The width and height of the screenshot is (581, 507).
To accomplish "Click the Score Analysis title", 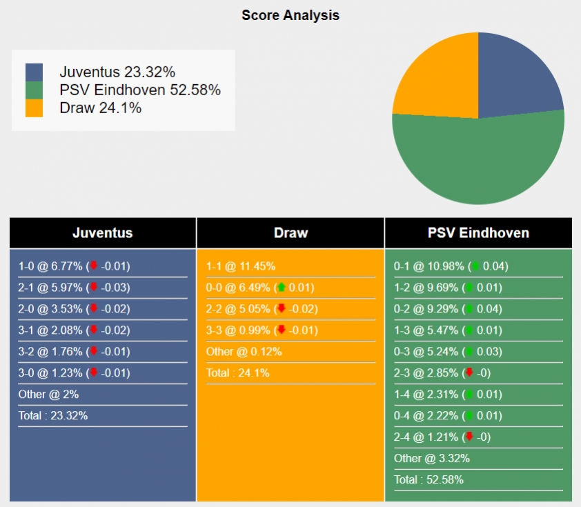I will click(290, 15).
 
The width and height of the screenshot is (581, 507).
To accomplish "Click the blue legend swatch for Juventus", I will click(34, 72).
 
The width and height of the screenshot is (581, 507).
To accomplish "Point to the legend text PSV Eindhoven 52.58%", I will click(140, 90).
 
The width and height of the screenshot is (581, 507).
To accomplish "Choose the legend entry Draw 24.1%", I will click(101, 108).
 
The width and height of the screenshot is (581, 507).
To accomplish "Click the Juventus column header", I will click(103, 233).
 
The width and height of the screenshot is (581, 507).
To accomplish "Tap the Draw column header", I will click(290, 233).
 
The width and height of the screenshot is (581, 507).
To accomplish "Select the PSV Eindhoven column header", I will click(478, 233).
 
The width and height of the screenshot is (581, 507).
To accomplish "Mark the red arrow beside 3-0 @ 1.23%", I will click(94, 373).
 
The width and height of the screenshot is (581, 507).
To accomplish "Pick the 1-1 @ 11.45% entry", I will click(241, 266).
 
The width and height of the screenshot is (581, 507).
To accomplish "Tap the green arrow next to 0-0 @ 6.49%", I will click(281, 288).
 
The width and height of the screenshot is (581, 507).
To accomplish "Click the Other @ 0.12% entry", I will click(244, 352).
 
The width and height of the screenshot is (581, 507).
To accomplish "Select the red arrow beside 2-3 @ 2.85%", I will click(469, 373).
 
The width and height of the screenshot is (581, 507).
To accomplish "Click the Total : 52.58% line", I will click(429, 480).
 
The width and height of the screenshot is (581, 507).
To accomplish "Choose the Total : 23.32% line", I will click(53, 416).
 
